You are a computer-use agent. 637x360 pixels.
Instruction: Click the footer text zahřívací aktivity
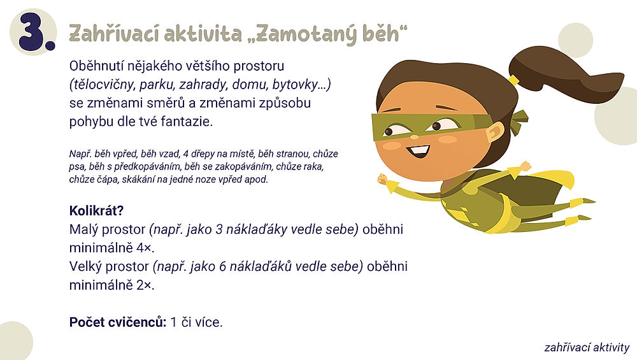point(587,348)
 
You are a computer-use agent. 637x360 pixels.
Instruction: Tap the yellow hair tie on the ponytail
point(514,80)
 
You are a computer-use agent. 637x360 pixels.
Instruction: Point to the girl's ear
point(494,133)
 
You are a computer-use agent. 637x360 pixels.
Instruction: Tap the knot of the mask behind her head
point(519,118)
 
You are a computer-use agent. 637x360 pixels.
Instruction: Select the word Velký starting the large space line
point(87,267)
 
